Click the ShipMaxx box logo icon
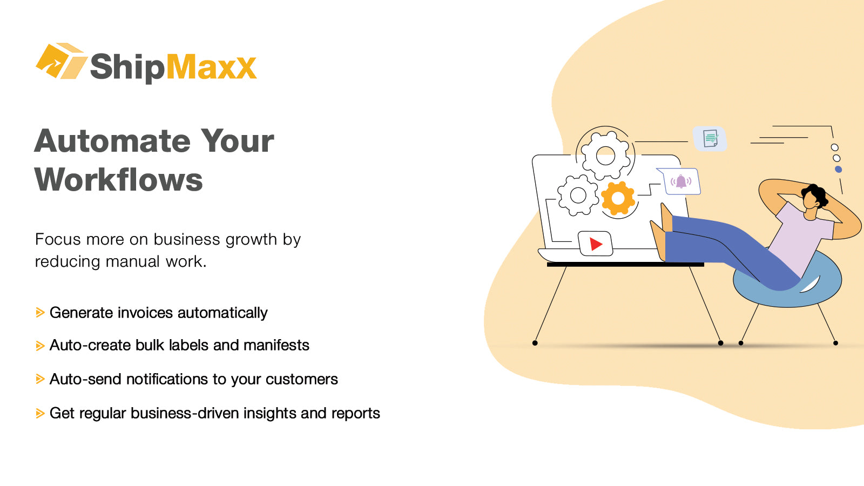point(60,61)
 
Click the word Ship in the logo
point(127,67)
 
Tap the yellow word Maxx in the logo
point(211,67)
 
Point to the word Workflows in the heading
point(119,180)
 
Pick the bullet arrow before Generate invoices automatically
point(40,313)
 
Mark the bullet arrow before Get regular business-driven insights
point(40,414)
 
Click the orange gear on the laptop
point(618,198)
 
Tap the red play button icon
point(596,244)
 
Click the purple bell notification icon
point(681,181)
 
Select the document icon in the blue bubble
point(711,139)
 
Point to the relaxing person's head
point(812,197)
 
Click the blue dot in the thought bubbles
point(838,170)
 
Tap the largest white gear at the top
point(605,156)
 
